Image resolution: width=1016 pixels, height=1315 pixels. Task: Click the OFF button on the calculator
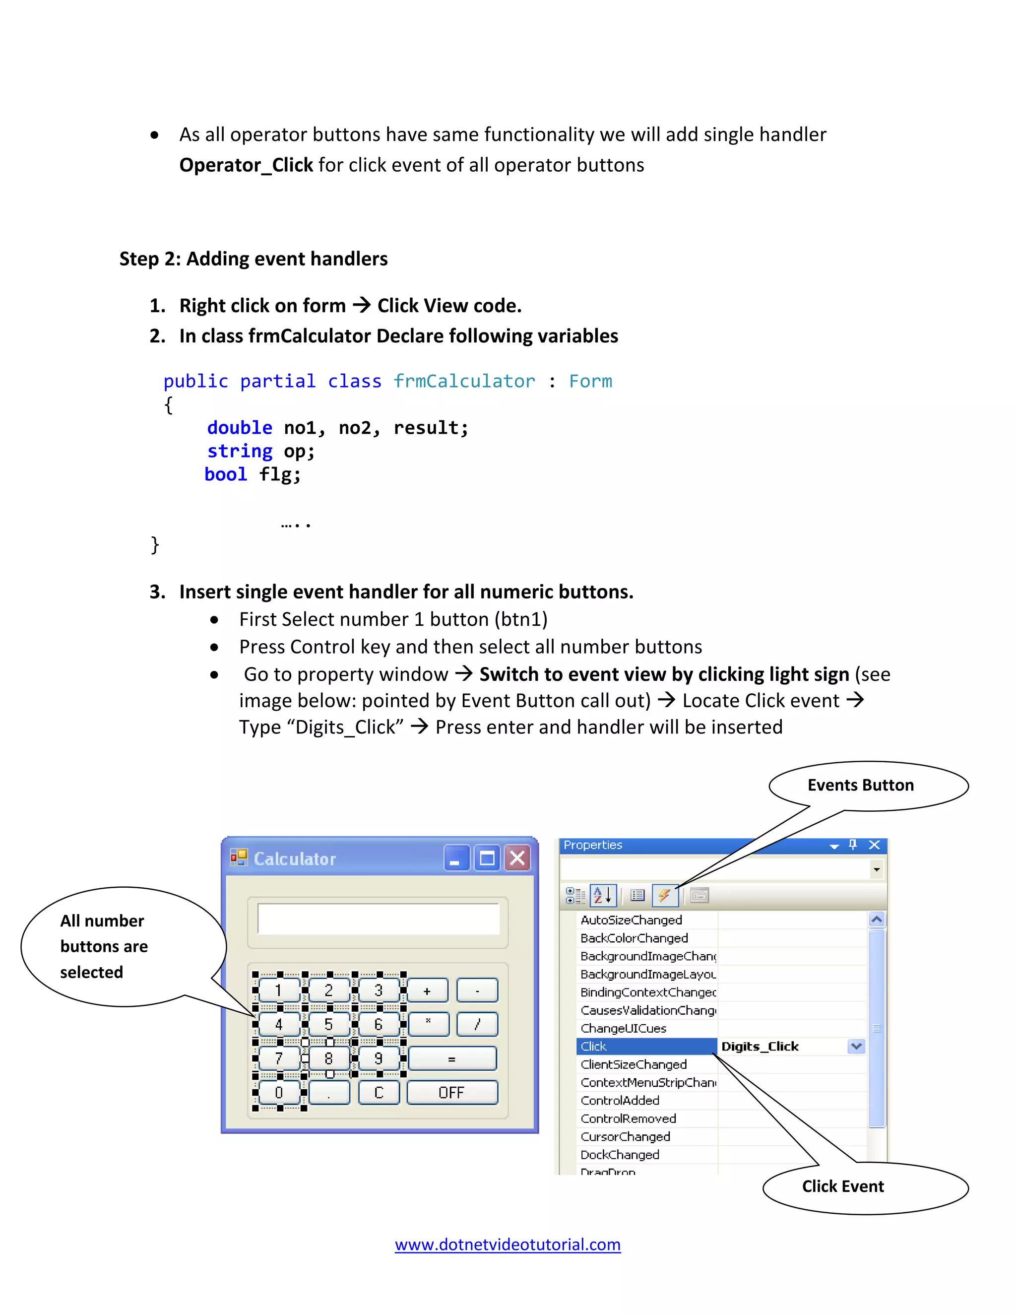click(x=452, y=1092)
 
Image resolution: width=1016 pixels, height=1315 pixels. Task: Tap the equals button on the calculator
click(x=452, y=1058)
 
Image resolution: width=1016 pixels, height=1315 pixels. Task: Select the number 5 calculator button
click(x=328, y=1024)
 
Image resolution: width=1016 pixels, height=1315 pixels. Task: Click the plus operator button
click(x=427, y=990)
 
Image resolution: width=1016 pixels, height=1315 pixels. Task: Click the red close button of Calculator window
click(x=517, y=858)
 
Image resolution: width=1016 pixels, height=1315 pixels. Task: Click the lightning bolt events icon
click(x=664, y=895)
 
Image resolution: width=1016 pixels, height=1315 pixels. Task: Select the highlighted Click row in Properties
click(x=646, y=1047)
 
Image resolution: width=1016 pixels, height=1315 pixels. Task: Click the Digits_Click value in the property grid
click(x=760, y=1047)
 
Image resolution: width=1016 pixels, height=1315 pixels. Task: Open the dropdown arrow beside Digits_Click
click(x=856, y=1047)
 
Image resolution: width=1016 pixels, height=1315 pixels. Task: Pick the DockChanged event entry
click(x=620, y=1155)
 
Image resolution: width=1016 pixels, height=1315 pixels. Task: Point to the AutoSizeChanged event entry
click(x=632, y=920)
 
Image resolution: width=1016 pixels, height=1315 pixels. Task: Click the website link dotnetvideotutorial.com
click(x=508, y=1245)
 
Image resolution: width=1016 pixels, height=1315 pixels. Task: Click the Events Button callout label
click(x=860, y=785)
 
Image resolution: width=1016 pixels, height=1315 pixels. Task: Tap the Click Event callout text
click(x=843, y=1186)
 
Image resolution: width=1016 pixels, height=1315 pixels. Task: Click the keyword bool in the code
click(x=226, y=474)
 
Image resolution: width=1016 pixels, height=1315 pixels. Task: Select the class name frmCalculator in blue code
click(x=464, y=381)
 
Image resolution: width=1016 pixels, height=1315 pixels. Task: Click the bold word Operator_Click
click(x=246, y=165)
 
